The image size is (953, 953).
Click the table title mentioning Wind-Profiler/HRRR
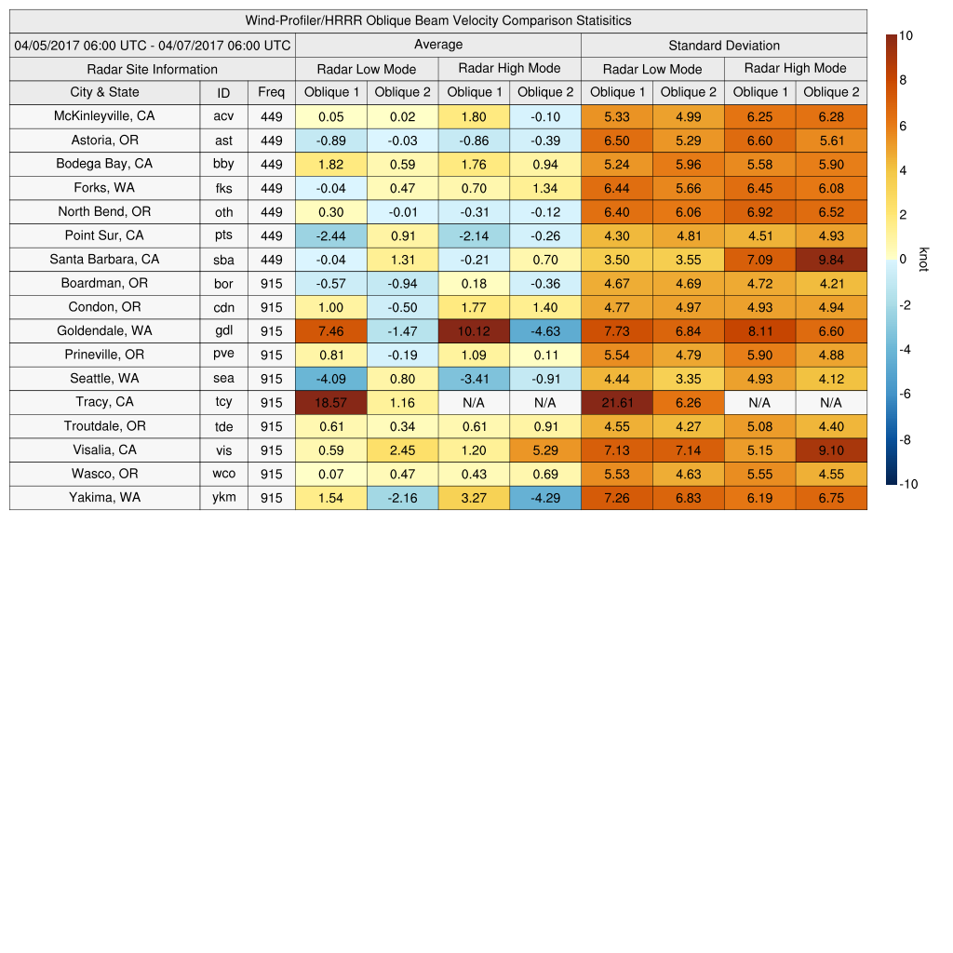[438, 20]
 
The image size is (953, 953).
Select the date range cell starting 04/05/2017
[153, 45]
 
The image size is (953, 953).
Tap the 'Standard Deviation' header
[724, 46]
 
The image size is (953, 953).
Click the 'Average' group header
[438, 45]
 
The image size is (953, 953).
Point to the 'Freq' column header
[272, 92]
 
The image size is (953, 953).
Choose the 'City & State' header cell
[104, 92]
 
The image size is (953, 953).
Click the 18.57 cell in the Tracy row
[330, 403]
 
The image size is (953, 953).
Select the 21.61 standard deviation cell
[616, 403]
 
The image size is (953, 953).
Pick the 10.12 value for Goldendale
[474, 331]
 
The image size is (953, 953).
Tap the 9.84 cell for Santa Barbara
[831, 260]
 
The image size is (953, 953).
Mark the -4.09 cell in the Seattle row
[330, 379]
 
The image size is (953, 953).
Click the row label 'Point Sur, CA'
[104, 235]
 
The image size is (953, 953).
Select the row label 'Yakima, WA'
[104, 498]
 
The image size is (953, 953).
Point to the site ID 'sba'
[223, 260]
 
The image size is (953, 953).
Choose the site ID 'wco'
[223, 475]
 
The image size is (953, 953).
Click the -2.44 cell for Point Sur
[330, 235]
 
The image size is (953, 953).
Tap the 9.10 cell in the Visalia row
[831, 450]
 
